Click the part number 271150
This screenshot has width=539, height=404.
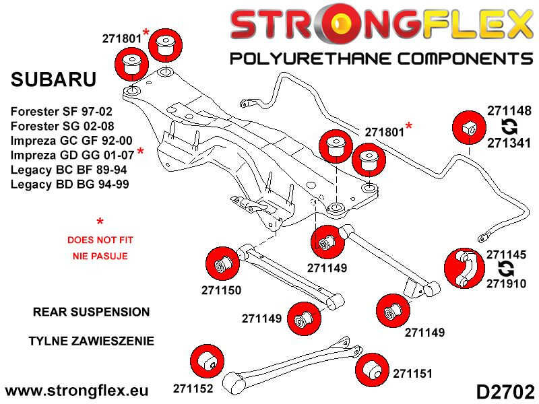pyautogui.click(x=221, y=291)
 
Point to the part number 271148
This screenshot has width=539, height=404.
pyautogui.click(x=509, y=111)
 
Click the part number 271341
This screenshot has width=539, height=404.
pyautogui.click(x=509, y=142)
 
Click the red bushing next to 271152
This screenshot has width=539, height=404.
pyautogui.click(x=208, y=362)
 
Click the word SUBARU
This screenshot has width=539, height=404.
pyautogui.click(x=54, y=79)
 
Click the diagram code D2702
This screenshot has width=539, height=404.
pyautogui.click(x=505, y=390)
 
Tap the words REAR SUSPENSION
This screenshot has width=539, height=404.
pyautogui.click(x=91, y=312)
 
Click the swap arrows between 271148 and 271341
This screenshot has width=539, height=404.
pyautogui.click(x=509, y=127)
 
